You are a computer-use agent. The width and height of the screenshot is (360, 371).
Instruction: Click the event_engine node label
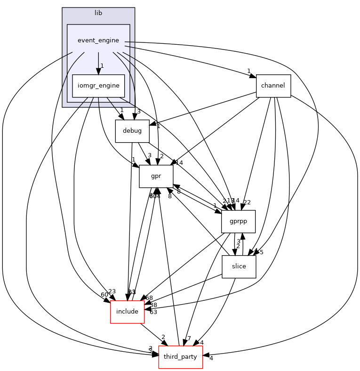pyautogui.click(x=98, y=40)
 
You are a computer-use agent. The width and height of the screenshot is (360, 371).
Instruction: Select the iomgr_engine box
pyautogui.click(x=98, y=86)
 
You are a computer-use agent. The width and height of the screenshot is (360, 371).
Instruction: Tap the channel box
pyautogui.click(x=273, y=86)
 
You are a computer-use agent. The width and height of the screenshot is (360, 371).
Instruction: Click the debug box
pyautogui.click(x=129, y=131)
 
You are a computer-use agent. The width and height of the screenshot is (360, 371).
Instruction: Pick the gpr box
pyautogui.click(x=156, y=176)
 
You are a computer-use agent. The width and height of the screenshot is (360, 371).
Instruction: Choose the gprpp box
pyautogui.click(x=238, y=221)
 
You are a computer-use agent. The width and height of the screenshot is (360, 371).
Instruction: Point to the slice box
pyautogui.click(x=239, y=266)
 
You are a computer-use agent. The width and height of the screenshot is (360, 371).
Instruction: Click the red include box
pyautogui.click(x=127, y=312)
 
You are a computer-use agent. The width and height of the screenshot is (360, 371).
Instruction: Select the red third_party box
pyautogui.click(x=181, y=357)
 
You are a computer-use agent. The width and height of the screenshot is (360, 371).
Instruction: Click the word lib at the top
pyautogui.click(x=98, y=12)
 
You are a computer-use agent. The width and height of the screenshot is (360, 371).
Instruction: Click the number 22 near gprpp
pyautogui.click(x=247, y=202)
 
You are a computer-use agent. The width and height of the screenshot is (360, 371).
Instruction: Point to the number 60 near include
pyautogui.click(x=104, y=295)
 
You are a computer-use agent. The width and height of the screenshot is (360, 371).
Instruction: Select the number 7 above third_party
pyautogui.click(x=189, y=339)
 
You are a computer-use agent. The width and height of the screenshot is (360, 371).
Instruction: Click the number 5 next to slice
pyautogui.click(x=262, y=252)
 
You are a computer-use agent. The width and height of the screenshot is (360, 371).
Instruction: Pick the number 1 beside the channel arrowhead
pyautogui.click(x=248, y=71)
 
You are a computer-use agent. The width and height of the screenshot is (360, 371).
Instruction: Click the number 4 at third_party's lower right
pyautogui.click(x=211, y=358)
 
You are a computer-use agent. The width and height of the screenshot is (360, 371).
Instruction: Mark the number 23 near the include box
pyautogui.click(x=112, y=291)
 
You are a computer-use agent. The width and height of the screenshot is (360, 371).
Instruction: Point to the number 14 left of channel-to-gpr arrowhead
pyautogui.click(x=179, y=162)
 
